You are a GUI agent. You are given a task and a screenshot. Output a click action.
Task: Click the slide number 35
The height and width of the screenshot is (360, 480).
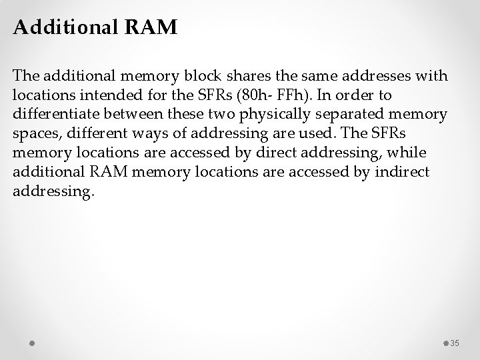coord(455,343)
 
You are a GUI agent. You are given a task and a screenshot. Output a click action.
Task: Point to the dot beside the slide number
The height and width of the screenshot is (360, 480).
coord(445,343)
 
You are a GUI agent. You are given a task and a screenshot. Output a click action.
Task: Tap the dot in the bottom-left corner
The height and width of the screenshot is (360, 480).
coord(33,343)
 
